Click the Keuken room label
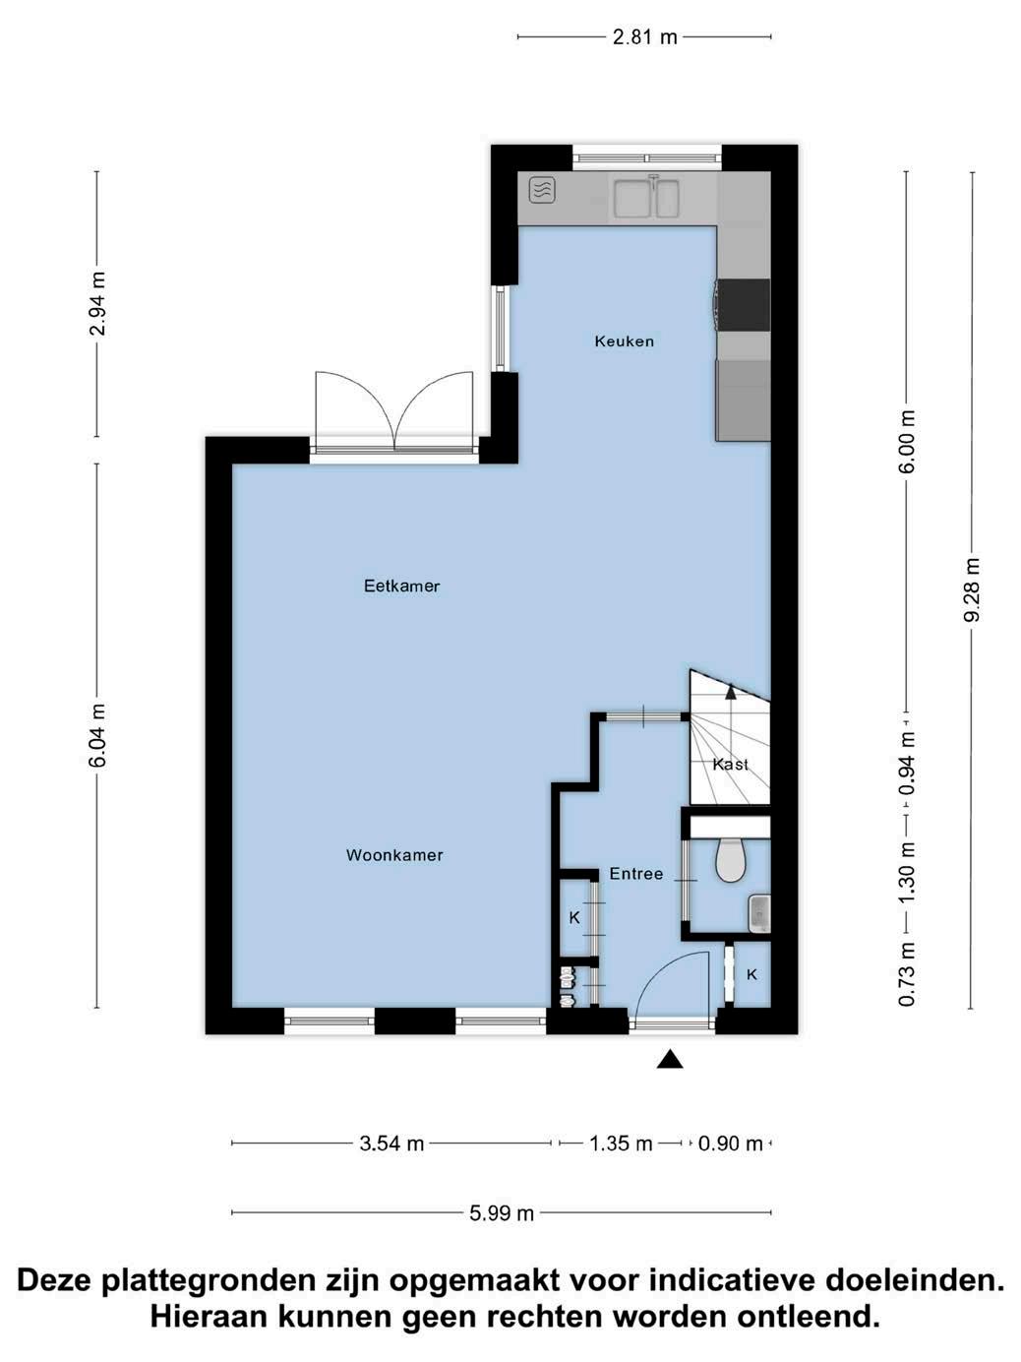(624, 340)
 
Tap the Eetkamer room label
(401, 586)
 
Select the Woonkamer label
(394, 855)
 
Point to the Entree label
(636, 874)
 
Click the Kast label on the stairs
(730, 765)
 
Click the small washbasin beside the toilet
(758, 913)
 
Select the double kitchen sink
(646, 198)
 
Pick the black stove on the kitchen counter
(744, 305)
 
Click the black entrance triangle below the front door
(670, 1059)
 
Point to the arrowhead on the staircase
(731, 692)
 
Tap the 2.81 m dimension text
(644, 37)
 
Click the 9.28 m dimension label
(972, 589)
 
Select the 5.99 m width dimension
(502, 1213)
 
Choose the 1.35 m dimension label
(621, 1143)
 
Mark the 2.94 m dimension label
(97, 303)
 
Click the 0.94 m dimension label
(907, 764)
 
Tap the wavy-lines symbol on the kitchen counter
(542, 190)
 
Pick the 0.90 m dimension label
(730, 1143)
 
